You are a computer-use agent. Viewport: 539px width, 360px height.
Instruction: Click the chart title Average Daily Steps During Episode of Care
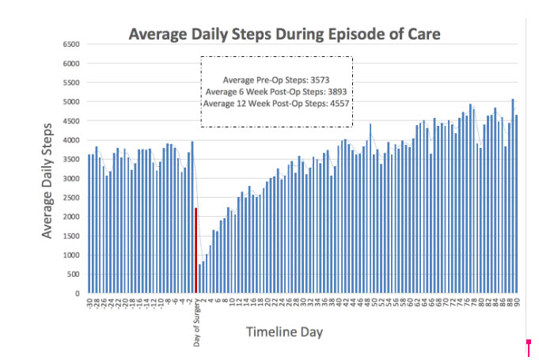coord(285,34)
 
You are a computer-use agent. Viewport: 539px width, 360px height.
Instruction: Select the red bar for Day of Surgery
coord(196,250)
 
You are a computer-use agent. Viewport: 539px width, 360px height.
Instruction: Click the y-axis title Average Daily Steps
coord(48,179)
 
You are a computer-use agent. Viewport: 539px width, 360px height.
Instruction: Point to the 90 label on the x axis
coord(516,303)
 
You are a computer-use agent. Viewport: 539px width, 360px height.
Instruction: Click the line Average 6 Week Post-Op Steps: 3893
coord(276,91)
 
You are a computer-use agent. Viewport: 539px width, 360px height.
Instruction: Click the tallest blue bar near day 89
coord(512,195)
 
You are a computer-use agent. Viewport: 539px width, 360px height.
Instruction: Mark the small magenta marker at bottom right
coord(528,343)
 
